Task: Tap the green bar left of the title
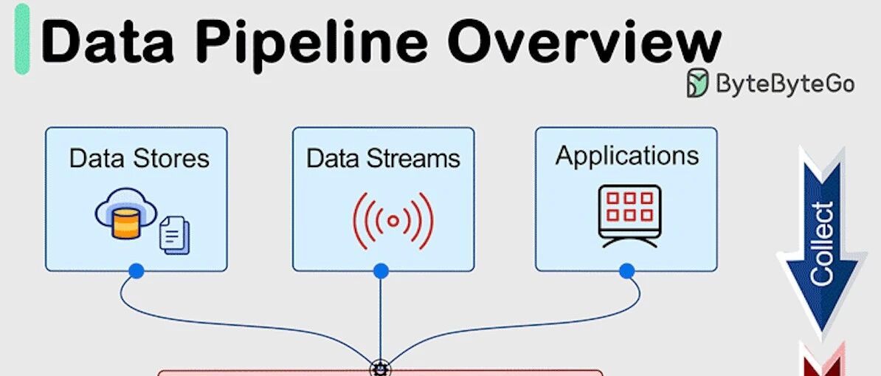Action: pos(22,41)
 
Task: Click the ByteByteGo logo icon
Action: pos(697,83)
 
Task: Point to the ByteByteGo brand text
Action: pos(785,83)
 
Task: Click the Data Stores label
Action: pos(139,158)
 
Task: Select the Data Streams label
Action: pos(383,158)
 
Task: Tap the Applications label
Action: pos(626,156)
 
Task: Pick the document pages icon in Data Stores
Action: pos(175,235)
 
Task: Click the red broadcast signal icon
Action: pos(393,220)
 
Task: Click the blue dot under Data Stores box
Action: pos(137,272)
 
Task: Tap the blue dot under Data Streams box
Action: pos(381,272)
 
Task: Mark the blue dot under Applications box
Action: pos(626,272)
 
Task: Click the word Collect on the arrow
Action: pos(821,244)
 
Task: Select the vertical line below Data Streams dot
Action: pos(381,318)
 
